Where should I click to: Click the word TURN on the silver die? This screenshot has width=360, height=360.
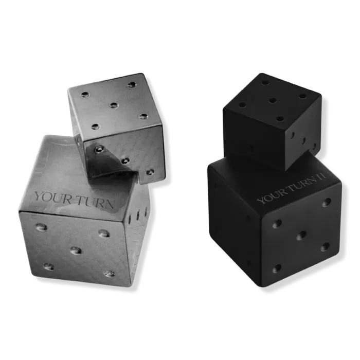click(95, 203)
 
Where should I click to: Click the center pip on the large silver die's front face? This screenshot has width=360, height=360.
click(76, 250)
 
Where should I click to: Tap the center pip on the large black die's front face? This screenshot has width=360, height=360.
click(301, 236)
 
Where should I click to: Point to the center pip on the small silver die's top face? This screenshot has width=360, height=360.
click(114, 105)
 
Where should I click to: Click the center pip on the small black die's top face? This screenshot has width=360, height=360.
click(272, 100)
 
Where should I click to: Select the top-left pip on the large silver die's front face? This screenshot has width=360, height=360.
click(42, 227)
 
